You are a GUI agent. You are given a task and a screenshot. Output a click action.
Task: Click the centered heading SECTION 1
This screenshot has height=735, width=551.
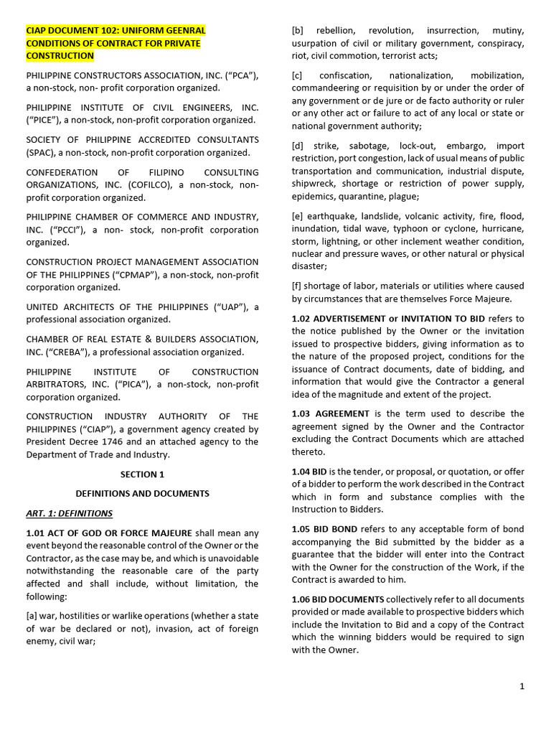tap(142, 474)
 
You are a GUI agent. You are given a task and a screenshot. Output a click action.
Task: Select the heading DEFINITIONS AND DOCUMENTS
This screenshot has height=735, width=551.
tap(142, 494)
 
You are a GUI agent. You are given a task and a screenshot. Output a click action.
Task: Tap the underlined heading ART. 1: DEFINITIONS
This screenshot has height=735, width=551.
tap(70, 513)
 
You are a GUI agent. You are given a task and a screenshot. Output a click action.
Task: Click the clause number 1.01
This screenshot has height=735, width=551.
tap(37, 533)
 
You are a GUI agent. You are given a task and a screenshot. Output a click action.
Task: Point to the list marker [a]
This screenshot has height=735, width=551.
tap(34, 617)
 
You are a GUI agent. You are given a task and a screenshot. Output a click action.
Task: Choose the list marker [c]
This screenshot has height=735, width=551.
tap(298, 75)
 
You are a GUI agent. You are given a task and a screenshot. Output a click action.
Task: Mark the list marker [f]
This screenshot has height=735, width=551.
tap(298, 286)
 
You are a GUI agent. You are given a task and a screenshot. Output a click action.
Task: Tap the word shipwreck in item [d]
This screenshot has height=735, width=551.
tap(314, 184)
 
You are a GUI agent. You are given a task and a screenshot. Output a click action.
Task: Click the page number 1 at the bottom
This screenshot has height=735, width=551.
tap(522, 686)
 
